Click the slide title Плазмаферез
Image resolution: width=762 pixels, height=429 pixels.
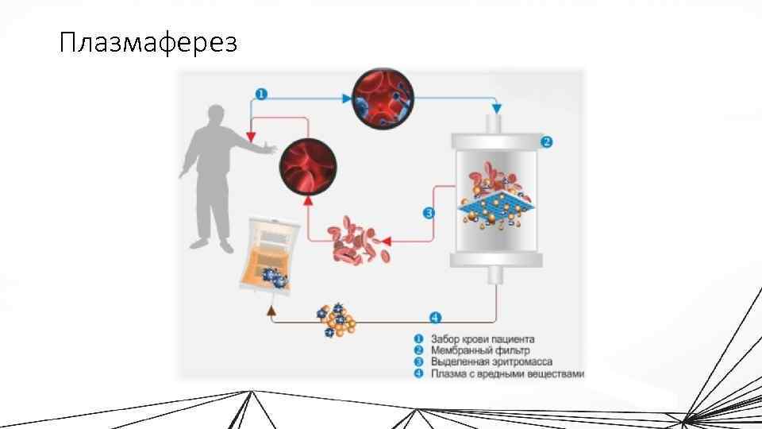(x=148, y=42)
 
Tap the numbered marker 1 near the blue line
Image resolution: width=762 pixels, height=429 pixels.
(x=261, y=94)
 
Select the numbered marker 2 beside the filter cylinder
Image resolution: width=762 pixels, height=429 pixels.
(x=546, y=142)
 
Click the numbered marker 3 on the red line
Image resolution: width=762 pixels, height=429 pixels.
(x=429, y=213)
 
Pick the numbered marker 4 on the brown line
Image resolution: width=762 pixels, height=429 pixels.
(x=435, y=318)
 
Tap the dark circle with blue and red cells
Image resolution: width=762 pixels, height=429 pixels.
(x=382, y=98)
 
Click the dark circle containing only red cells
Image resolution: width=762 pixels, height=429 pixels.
(x=308, y=167)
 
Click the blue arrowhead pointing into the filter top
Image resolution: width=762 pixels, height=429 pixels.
(x=497, y=108)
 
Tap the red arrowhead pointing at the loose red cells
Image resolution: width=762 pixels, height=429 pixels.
(x=388, y=240)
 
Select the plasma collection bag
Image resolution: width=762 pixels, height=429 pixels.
(x=270, y=254)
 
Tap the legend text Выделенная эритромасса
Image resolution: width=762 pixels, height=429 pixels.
(x=490, y=361)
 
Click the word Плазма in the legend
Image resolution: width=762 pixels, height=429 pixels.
(x=447, y=373)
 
